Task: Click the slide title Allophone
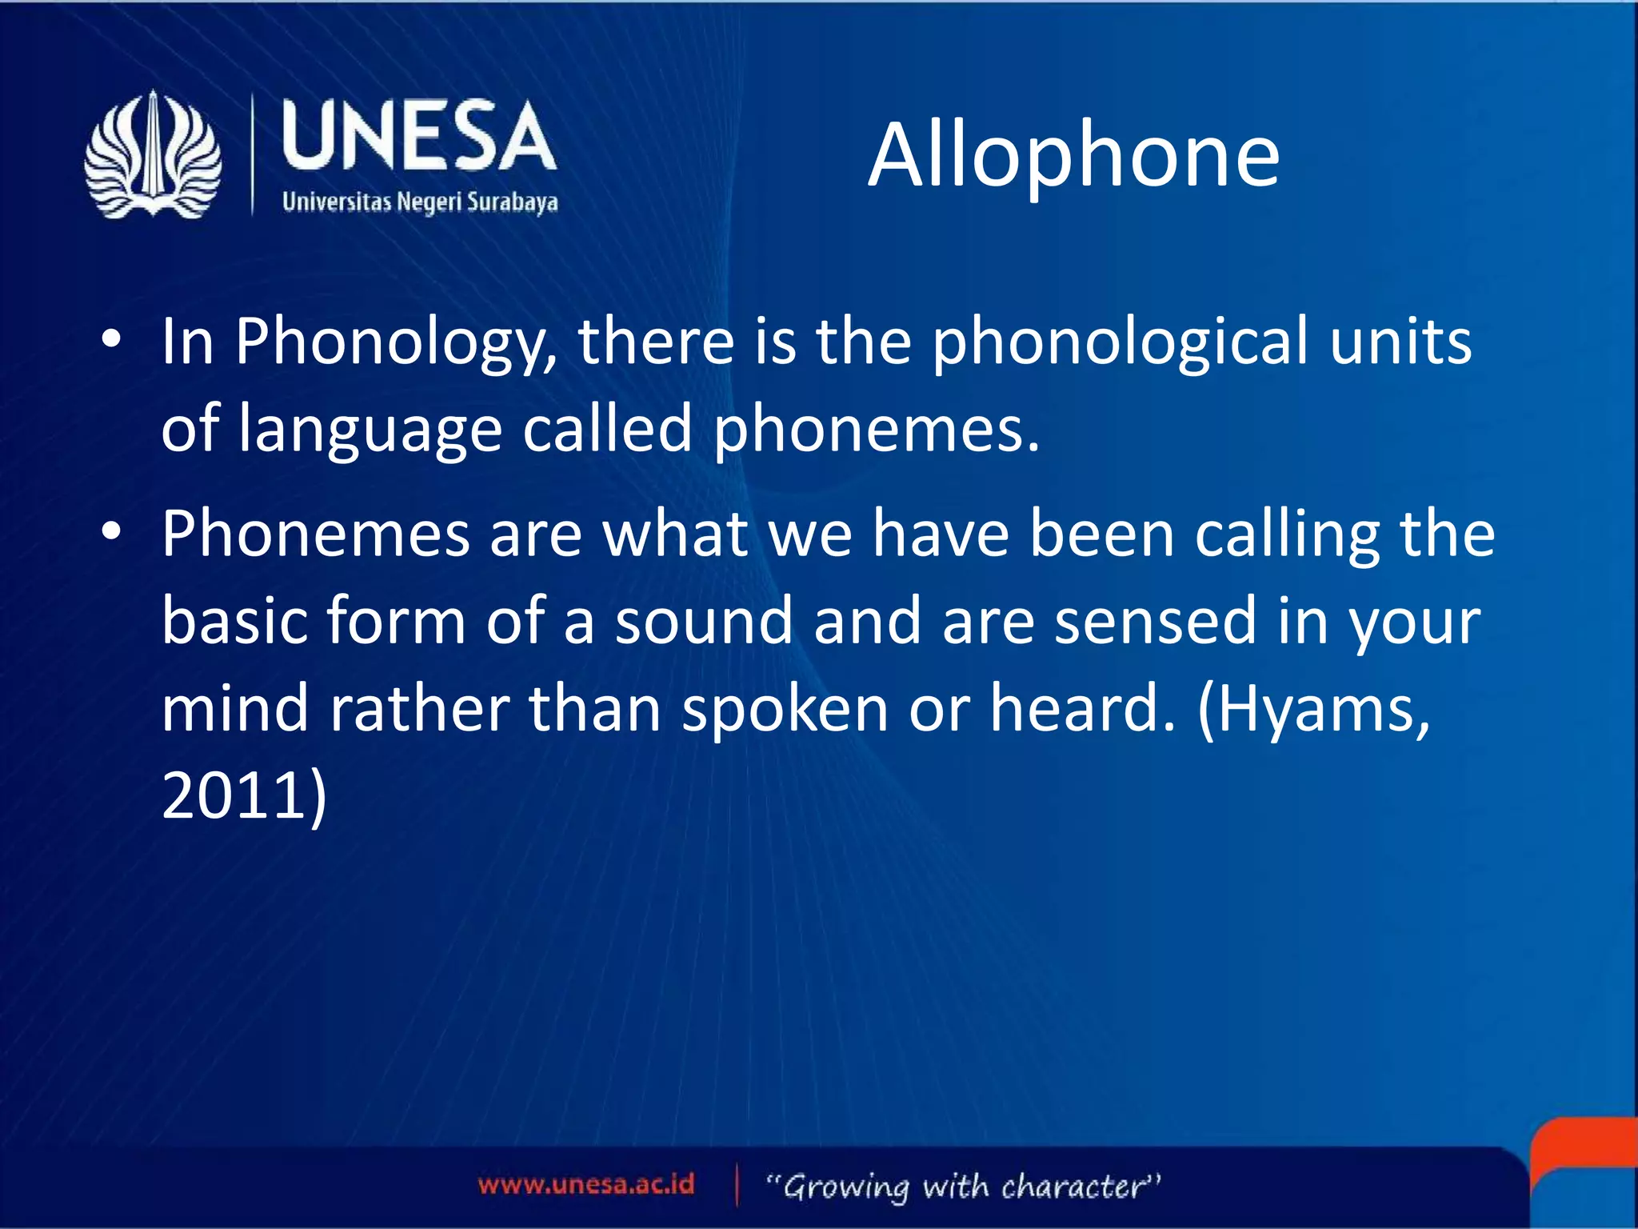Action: (x=1073, y=156)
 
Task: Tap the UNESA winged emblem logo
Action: (x=153, y=155)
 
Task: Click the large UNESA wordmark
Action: (x=418, y=137)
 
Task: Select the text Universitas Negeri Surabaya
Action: (x=419, y=202)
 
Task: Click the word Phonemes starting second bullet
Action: (x=316, y=534)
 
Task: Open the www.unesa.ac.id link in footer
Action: (x=586, y=1185)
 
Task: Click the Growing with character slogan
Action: (x=963, y=1187)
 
